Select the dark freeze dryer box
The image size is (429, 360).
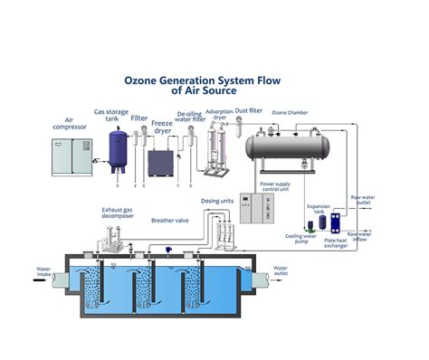pyautogui.click(x=161, y=164)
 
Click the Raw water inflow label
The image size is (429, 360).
pyautogui.click(x=362, y=238)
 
